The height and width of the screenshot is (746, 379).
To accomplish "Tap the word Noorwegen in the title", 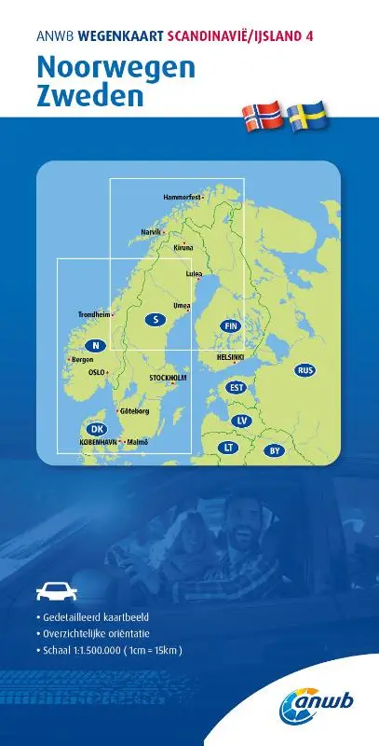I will pos(115,68).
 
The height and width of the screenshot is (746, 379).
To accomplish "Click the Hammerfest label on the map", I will pos(183,198).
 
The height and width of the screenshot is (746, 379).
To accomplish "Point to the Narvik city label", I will pos(152,230).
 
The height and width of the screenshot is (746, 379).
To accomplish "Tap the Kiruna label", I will pos(183,248).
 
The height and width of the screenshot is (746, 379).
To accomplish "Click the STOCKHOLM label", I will pos(169,378).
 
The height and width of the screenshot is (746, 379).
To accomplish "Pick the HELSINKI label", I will pos(230,356).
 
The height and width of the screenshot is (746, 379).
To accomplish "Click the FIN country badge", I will pos(233,325).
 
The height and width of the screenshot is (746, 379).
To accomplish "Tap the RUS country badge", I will pos(305,371).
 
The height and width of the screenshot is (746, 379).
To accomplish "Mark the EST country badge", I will pos(237,387).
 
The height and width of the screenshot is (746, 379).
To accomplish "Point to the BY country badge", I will pos(274,451).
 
